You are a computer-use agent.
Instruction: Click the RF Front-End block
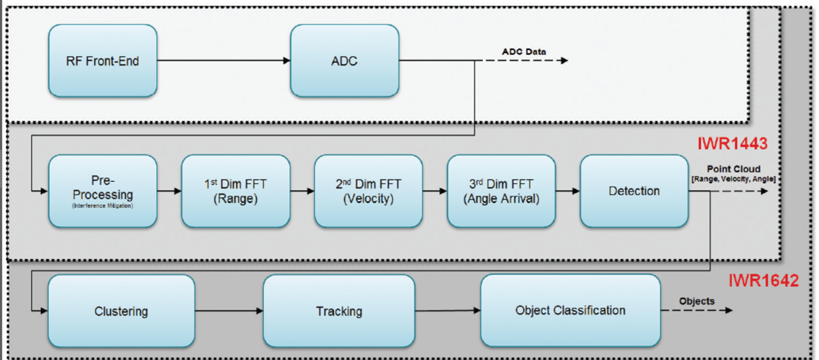[103, 61]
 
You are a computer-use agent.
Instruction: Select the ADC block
[344, 61]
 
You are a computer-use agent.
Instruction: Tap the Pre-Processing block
[103, 191]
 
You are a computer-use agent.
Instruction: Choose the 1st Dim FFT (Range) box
[235, 191]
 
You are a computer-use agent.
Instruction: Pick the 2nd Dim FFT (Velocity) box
[368, 191]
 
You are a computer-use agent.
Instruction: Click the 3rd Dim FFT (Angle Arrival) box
[501, 191]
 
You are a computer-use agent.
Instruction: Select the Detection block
[634, 191]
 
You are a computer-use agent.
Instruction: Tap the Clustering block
[121, 311]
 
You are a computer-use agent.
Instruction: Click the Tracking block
[338, 311]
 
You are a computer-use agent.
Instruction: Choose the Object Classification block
[570, 310]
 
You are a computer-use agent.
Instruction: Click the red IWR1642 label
[762, 280]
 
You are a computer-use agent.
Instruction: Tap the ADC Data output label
[524, 51]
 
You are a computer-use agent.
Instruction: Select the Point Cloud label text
[732, 168]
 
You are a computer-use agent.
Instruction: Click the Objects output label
[696, 301]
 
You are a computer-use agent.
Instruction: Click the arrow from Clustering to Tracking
[228, 311]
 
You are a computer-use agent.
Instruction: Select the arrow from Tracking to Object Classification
[447, 311]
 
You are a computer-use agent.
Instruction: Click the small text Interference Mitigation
[103, 205]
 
